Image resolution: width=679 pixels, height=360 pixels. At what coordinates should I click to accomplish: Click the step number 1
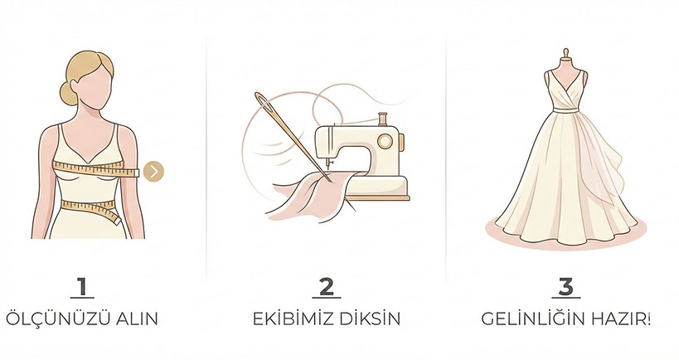82,287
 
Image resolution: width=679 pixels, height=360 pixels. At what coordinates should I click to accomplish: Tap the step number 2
327,287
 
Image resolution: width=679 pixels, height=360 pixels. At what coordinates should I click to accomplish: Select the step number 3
565,287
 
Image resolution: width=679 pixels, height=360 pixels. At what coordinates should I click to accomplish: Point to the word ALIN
137,319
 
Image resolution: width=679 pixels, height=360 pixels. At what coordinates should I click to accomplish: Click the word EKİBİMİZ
293,319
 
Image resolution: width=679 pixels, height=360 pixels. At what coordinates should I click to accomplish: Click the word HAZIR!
620,319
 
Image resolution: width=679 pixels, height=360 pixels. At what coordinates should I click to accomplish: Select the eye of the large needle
264,102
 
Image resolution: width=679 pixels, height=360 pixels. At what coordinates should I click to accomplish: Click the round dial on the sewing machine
385,141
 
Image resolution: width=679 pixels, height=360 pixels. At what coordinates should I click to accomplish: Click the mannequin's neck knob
566,53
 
